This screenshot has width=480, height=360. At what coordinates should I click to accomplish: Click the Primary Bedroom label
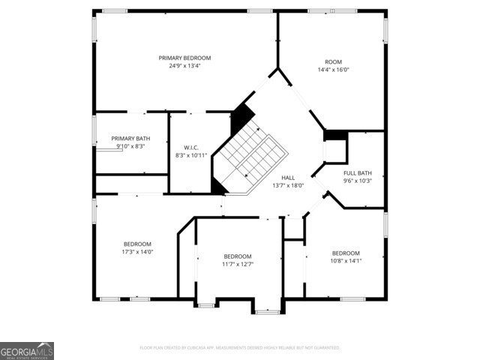(x=184, y=58)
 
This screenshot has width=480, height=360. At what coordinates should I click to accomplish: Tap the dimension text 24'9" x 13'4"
(x=184, y=66)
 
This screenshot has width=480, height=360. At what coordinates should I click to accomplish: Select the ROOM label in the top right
(x=333, y=61)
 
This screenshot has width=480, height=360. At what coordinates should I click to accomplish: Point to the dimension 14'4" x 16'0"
(x=333, y=70)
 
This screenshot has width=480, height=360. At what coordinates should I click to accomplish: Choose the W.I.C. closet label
(x=190, y=147)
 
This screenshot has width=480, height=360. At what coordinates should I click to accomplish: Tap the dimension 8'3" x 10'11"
(x=190, y=155)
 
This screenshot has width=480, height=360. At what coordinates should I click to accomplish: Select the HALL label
(x=287, y=176)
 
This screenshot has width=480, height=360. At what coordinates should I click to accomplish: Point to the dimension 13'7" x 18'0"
(x=287, y=184)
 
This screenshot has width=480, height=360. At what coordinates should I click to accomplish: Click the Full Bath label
(x=358, y=172)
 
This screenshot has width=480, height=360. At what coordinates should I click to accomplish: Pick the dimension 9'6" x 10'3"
(x=358, y=181)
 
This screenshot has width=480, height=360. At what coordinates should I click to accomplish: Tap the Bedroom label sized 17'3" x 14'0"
(x=138, y=244)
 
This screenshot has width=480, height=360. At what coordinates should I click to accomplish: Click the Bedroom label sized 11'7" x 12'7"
(x=237, y=256)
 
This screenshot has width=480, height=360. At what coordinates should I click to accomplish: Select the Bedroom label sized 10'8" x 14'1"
(x=346, y=253)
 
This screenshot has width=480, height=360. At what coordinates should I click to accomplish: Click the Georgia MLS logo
(x=27, y=351)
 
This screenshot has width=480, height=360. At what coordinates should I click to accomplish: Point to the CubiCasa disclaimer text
(x=240, y=348)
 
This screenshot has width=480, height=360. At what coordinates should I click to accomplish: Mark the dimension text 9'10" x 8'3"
(x=130, y=147)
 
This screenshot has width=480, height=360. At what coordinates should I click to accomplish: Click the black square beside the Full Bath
(x=335, y=135)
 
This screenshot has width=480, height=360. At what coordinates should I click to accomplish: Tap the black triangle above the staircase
(x=241, y=116)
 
